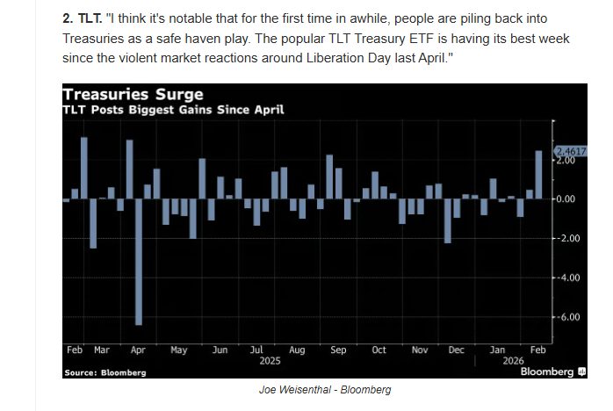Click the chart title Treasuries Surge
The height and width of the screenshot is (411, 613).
[132, 94]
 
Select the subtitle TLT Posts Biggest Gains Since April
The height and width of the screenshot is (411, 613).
[172, 110]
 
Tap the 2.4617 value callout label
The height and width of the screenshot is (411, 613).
[570, 152]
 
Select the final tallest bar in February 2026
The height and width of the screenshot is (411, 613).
[538, 175]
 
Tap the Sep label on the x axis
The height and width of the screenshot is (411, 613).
[338, 350]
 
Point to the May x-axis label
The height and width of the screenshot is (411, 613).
[178, 350]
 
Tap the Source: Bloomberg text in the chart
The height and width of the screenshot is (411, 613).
[105, 372]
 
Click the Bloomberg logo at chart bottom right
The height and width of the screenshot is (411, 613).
[552, 371]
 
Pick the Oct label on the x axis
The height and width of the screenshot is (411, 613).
[379, 350]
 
